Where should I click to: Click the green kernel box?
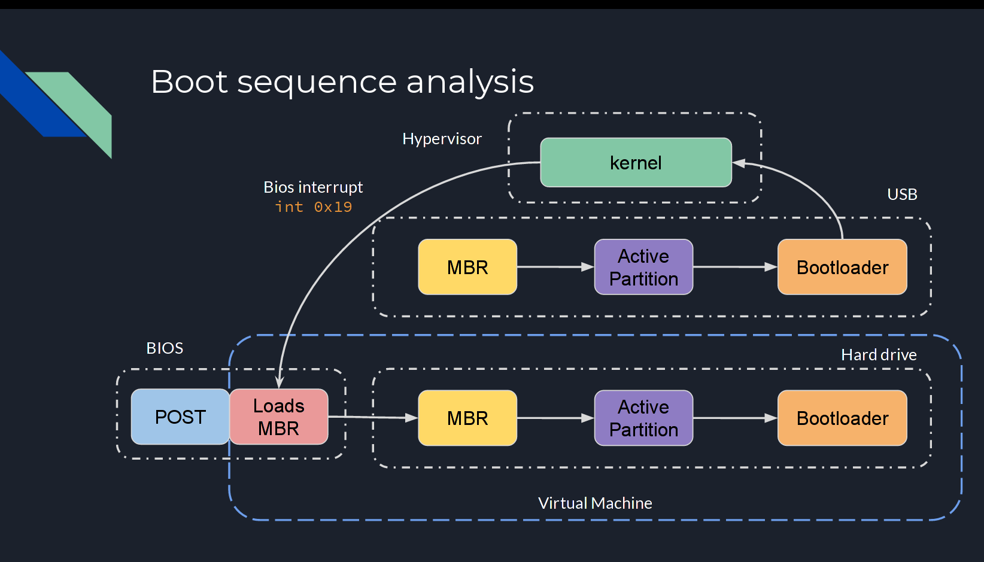(636, 163)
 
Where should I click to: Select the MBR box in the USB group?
(467, 267)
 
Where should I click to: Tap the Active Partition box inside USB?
(643, 267)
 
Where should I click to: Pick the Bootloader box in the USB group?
(842, 267)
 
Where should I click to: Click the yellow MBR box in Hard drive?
(467, 418)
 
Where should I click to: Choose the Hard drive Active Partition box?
(643, 418)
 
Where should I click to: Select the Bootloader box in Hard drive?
(842, 418)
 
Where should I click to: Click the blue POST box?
(180, 417)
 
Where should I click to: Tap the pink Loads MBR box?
(279, 417)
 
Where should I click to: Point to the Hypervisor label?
(442, 139)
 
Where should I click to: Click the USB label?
(902, 195)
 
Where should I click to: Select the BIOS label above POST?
(165, 348)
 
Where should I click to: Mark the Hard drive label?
(879, 355)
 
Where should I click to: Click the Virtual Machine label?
(595, 503)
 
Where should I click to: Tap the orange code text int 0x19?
(313, 207)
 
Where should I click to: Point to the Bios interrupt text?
(313, 187)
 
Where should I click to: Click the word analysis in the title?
(470, 82)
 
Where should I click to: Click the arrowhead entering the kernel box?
(739, 163)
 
